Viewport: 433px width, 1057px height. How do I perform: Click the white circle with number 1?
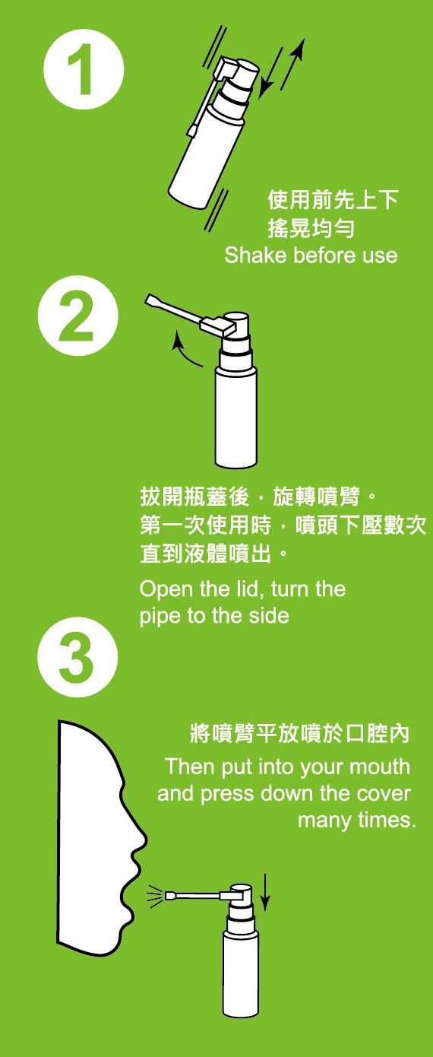coord(84,69)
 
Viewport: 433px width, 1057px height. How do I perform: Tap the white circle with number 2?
coord(78,316)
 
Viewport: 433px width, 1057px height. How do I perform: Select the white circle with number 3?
coord(77,657)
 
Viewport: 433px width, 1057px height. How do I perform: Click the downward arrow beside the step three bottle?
coord(265,892)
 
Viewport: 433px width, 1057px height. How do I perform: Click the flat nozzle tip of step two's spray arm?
coord(152,300)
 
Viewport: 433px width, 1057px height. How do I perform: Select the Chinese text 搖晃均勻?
coord(311,228)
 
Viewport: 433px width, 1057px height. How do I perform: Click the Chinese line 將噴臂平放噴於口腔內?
coord(299,734)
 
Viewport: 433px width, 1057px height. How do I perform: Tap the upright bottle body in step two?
coord(236,417)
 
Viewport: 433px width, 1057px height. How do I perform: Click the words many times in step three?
coord(357,820)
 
